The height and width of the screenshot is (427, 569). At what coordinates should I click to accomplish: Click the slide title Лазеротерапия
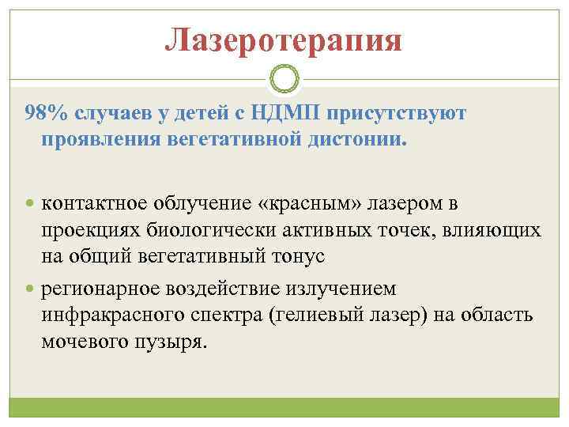[284, 40]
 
